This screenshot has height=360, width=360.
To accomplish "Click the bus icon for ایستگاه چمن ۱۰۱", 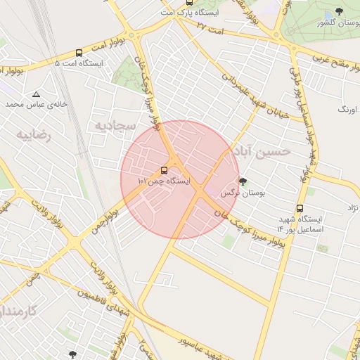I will coord(165,170).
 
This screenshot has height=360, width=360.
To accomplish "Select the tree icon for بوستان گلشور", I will coord(340,11).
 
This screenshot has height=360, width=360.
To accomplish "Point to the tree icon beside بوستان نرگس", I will coord(243,181).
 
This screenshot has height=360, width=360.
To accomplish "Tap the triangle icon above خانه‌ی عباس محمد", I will coord(36,94).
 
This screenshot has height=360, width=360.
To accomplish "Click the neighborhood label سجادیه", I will coord(114,124).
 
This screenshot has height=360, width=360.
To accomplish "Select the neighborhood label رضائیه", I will coord(34,133).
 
